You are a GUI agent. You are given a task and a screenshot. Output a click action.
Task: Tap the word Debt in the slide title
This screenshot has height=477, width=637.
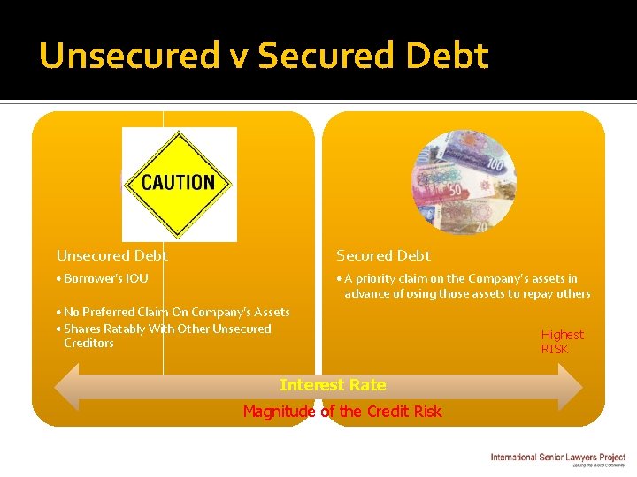coord(451,56)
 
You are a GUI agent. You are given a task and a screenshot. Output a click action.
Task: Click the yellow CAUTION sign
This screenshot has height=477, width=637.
coord(179,184)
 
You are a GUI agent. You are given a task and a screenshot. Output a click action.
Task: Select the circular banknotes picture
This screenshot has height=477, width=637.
coord(464,184)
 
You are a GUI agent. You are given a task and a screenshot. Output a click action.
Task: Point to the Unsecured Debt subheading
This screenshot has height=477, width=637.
coord(112,256)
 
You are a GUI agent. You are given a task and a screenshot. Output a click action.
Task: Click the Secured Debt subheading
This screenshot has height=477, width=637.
coord(383,256)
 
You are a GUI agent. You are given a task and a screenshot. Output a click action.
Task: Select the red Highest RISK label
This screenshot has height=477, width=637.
coord(562,342)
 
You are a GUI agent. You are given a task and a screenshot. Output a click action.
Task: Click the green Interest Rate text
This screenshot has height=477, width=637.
coord(333,385)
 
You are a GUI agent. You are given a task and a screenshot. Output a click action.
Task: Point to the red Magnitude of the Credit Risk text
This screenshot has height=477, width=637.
coord(342,412)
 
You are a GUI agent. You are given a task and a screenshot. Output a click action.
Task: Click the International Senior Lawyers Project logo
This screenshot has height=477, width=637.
coord(558,458)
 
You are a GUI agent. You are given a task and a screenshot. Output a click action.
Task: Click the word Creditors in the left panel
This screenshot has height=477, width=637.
coord(88,344)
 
